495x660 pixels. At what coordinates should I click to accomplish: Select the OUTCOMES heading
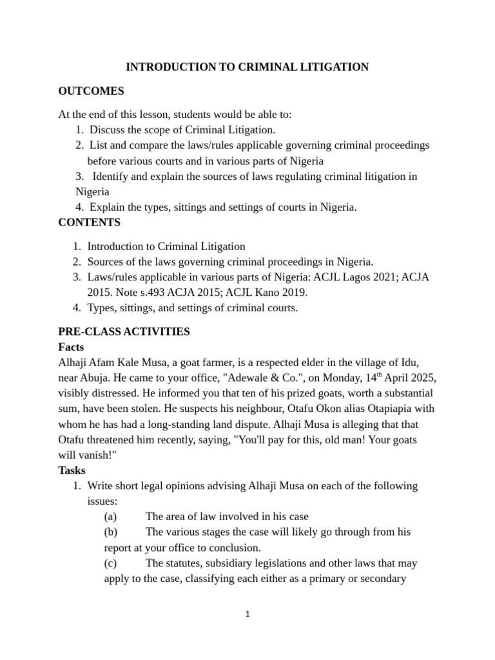tap(91, 91)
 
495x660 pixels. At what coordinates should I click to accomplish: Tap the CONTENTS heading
tap(89, 222)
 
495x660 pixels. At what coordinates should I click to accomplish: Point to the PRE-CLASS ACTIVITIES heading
tap(124, 331)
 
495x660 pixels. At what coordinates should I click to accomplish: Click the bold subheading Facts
tap(72, 347)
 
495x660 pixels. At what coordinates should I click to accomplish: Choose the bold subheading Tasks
tap(72, 470)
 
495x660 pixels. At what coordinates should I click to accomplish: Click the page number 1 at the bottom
tap(247, 614)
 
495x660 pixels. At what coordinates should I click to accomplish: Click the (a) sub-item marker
tap(111, 516)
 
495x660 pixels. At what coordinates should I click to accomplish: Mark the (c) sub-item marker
tap(111, 563)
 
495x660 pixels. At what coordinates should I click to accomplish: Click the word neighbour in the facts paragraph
tap(268, 409)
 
